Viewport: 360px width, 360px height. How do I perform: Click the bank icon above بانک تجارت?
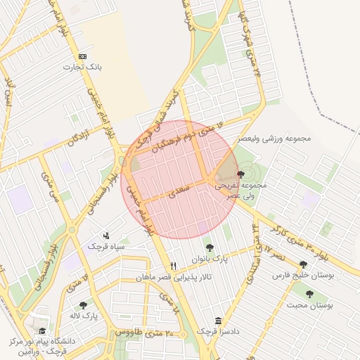84,56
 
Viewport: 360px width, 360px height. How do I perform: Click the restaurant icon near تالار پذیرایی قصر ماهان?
174,266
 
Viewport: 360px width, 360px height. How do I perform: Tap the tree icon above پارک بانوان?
209,247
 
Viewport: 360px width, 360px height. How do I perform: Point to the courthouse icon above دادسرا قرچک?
217,320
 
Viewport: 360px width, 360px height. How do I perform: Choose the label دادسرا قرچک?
215,331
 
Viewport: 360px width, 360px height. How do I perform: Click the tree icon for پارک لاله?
84,305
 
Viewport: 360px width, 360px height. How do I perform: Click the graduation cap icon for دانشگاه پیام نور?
42,330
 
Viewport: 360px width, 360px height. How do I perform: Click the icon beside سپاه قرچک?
106,235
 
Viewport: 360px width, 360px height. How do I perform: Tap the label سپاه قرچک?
106,247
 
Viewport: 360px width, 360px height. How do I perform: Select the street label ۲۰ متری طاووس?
139,331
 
